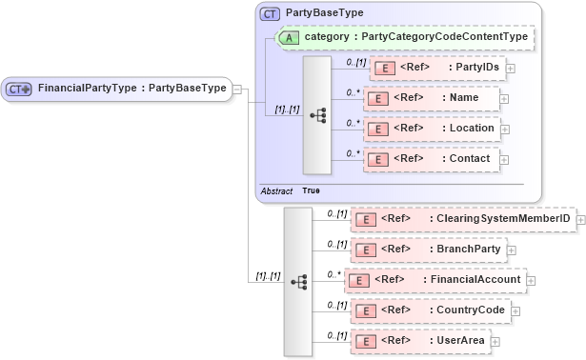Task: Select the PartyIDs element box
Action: [x=436, y=68]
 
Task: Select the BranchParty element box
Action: [x=428, y=250]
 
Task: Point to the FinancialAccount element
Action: [x=434, y=280]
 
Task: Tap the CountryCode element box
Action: [x=430, y=310]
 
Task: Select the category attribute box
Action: [x=404, y=37]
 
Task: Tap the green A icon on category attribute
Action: [x=290, y=37]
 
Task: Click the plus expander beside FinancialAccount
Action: [x=532, y=281]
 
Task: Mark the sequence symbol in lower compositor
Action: [x=298, y=282]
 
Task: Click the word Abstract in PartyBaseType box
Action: [x=276, y=190]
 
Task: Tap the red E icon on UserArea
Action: [x=363, y=341]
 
